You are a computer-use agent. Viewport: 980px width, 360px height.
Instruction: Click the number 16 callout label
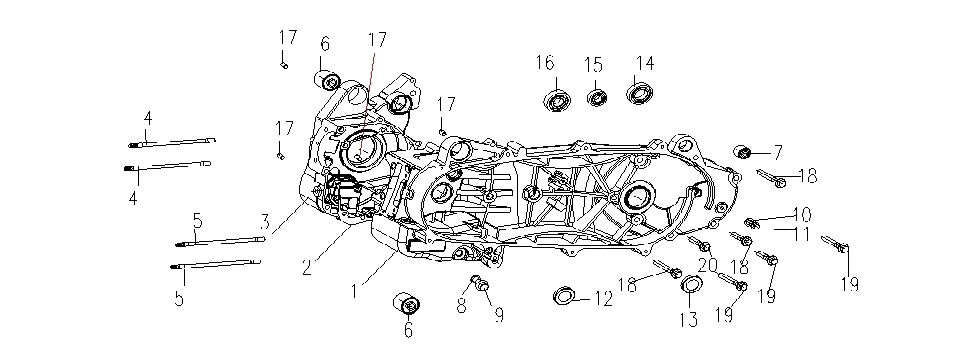pyautogui.click(x=544, y=63)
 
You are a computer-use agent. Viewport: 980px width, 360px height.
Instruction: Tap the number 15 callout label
pyautogui.click(x=593, y=64)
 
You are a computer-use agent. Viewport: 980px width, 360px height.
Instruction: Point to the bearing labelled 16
pyautogui.click(x=556, y=101)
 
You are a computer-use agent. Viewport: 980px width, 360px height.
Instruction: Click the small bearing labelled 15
pyautogui.click(x=598, y=98)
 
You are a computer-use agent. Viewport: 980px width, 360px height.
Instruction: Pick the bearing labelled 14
pyautogui.click(x=639, y=96)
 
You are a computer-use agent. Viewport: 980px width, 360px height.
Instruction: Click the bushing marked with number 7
pyautogui.click(x=743, y=152)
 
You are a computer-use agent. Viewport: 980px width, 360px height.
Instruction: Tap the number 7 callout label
pyautogui.click(x=776, y=153)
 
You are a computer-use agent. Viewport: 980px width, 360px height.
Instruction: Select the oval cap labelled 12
pyautogui.click(x=566, y=296)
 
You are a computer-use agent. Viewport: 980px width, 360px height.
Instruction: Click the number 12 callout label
pyautogui.click(x=602, y=298)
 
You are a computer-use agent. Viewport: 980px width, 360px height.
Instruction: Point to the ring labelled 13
pyautogui.click(x=690, y=289)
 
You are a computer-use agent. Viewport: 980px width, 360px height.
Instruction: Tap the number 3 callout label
pyautogui.click(x=265, y=220)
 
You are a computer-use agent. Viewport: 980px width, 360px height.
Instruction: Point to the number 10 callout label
pyautogui.click(x=802, y=214)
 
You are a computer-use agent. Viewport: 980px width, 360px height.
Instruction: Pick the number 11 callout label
pyautogui.click(x=802, y=234)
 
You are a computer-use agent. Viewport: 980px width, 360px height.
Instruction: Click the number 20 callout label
pyautogui.click(x=708, y=265)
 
